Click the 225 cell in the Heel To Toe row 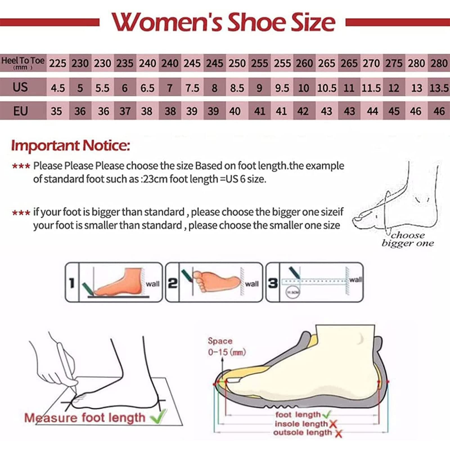point(58,63)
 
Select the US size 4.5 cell point(58,88)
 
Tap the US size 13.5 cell point(439,88)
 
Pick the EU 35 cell point(57,111)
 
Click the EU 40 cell point(235,111)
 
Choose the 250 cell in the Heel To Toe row point(237,63)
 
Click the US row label point(20,87)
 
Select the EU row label point(20,111)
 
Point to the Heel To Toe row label point(22,62)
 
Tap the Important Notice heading point(70,146)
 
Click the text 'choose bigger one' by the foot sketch point(408,239)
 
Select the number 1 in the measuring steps point(72,283)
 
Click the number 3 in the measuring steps point(273,283)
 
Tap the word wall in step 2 point(252,284)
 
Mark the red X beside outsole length point(339,433)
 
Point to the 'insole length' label point(301,424)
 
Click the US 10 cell point(304,88)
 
